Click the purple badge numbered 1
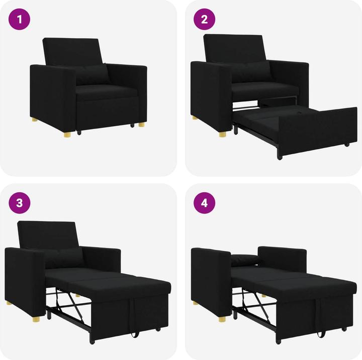click(20, 20)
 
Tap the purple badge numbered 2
click(204, 20)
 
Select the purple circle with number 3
click(20, 203)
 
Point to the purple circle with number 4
click(204, 203)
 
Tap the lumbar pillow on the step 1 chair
click(92, 75)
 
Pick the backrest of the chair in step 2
click(235, 48)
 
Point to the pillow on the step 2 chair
click(251, 72)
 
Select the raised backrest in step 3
click(48, 234)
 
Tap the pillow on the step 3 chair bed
click(64, 257)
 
